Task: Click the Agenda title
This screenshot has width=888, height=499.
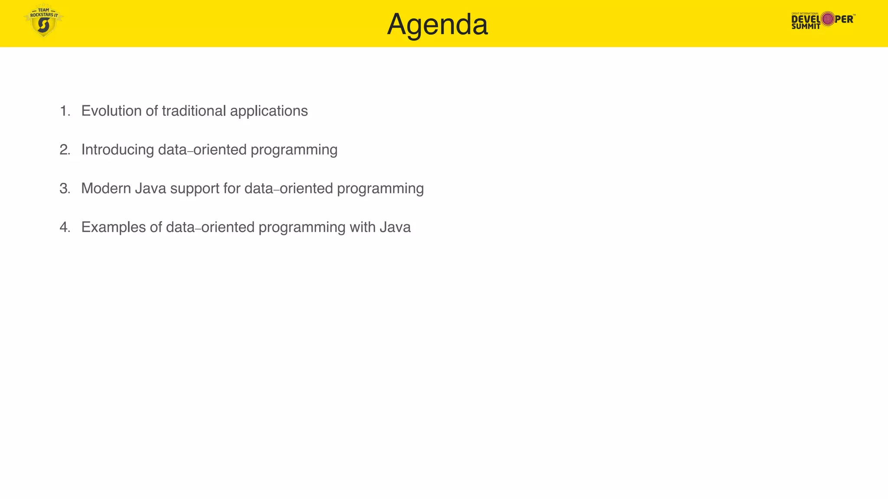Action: pos(437,25)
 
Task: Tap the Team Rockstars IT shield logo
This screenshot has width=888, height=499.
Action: pos(43,22)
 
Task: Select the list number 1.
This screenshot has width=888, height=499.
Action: pos(65,111)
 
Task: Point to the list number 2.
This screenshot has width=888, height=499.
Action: pos(65,150)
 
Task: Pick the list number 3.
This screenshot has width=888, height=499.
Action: pos(65,189)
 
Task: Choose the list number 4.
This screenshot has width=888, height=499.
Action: pos(65,227)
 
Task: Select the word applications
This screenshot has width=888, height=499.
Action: pos(269,111)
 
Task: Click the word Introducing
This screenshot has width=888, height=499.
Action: pos(118,150)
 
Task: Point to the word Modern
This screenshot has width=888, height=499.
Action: pos(106,188)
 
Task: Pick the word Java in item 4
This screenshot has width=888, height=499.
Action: pos(395,227)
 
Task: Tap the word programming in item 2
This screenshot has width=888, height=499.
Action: pos(294,150)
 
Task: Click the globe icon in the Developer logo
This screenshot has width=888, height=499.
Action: pos(828,19)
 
